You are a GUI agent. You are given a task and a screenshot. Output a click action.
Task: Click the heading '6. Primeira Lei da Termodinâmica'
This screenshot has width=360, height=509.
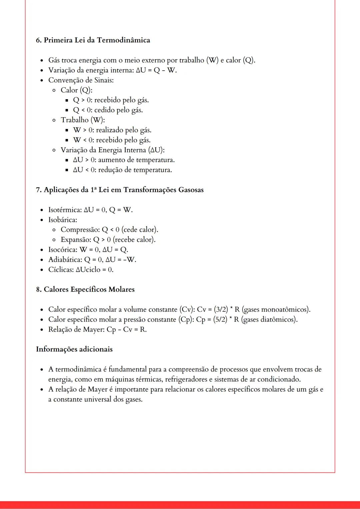tap(93, 40)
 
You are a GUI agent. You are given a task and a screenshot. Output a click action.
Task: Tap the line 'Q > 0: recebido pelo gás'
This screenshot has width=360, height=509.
tap(111, 100)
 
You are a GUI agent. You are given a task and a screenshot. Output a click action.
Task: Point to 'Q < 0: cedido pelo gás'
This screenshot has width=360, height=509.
tap(108, 110)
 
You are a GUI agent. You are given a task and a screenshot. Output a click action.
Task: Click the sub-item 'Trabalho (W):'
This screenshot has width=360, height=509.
tap(83, 120)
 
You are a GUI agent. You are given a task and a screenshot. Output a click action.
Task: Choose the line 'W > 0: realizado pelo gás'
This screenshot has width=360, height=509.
tap(112, 130)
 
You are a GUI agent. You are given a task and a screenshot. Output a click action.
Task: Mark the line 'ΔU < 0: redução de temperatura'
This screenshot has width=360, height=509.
tap(122, 170)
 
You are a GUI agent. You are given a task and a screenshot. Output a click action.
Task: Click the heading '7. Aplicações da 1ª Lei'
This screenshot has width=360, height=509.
tap(120, 190)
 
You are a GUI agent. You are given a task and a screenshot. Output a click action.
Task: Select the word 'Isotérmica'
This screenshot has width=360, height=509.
tap(65, 210)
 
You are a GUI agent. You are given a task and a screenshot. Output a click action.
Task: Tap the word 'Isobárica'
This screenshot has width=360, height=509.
tap(62, 220)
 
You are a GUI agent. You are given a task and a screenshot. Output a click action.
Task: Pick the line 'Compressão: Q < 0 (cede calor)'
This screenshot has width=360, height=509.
tap(109, 230)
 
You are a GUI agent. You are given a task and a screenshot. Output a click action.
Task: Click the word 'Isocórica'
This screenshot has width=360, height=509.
tap(62, 250)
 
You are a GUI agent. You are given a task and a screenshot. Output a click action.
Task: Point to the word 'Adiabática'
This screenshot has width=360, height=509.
tap(65, 260)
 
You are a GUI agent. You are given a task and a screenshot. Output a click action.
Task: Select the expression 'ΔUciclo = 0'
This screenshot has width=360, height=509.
tap(95, 270)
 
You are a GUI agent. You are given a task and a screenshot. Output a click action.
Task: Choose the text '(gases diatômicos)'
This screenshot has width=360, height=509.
tap(269, 319)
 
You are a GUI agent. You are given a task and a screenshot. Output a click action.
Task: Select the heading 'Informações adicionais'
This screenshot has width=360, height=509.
tap(74, 349)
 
